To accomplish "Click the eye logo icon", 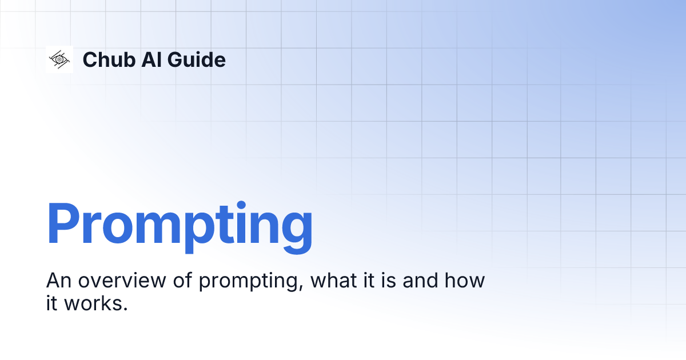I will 59,59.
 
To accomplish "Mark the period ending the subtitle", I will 124,309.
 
